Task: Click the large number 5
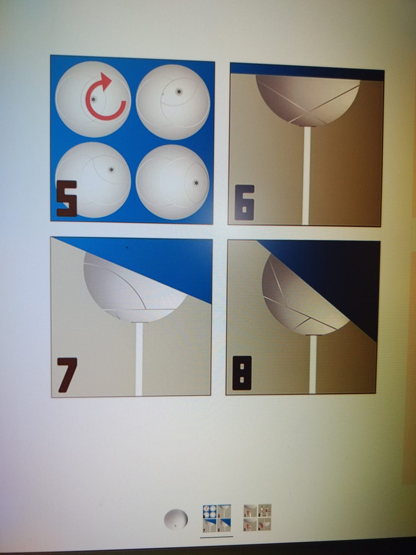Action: [66, 199]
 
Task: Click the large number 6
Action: [244, 202]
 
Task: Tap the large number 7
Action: [66, 375]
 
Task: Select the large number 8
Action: [242, 373]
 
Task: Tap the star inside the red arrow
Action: [94, 100]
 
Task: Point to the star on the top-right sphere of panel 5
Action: [179, 91]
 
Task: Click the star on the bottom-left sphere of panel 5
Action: [110, 170]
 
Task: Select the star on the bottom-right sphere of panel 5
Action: [196, 183]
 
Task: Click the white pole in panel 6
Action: [306, 175]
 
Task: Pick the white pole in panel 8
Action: [313, 364]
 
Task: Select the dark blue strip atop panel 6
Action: [307, 72]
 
